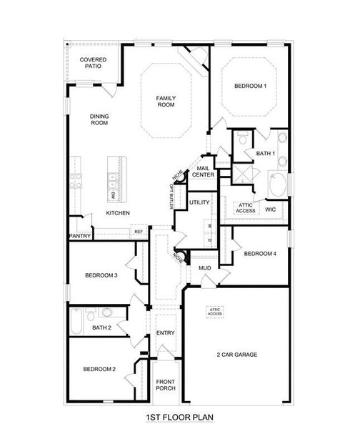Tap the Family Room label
pos(166,102)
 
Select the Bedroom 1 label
pos(250,87)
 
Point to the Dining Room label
pos(99,119)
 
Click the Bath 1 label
pos(266,154)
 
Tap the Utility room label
pos(199,202)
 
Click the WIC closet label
pos(270,210)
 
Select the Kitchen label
pos(118,213)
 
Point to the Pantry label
pos(79,235)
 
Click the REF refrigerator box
pos(138,232)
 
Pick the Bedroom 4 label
pos(259,253)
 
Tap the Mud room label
pos(205,268)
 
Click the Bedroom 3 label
pos(101,275)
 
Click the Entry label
pos(166,332)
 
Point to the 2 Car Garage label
pos(236,355)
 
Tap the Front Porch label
pos(166,385)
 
